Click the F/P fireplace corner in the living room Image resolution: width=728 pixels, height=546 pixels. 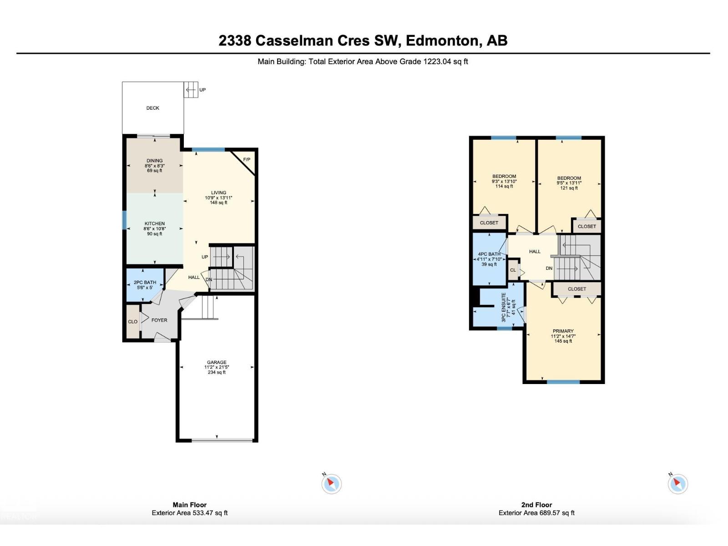click(x=247, y=160)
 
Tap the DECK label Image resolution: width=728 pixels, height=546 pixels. click(x=153, y=108)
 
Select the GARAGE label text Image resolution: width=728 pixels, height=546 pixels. click(x=217, y=363)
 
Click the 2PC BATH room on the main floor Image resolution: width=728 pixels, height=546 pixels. click(x=145, y=285)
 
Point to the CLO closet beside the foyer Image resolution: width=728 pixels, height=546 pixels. click(x=133, y=321)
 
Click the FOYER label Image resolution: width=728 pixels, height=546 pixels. click(x=159, y=320)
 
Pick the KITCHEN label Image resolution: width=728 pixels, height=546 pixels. click(x=155, y=224)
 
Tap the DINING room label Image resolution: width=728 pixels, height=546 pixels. click(x=155, y=161)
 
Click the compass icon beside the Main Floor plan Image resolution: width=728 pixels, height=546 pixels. click(x=332, y=484)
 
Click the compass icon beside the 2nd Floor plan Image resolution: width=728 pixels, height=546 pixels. click(x=677, y=484)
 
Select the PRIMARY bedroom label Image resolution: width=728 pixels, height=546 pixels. click(x=563, y=331)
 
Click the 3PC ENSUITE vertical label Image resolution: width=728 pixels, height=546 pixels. click(x=504, y=308)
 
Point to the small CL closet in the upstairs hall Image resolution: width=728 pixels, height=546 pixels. click(x=513, y=270)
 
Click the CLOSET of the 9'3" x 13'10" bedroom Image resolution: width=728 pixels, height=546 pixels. click(x=489, y=223)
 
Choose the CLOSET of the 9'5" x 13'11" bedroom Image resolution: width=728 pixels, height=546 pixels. click(x=587, y=226)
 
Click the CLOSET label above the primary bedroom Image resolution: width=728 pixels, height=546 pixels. click(x=577, y=289)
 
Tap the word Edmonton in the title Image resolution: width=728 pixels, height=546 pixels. click(x=442, y=41)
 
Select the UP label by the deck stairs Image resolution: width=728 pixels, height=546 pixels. click(x=202, y=90)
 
